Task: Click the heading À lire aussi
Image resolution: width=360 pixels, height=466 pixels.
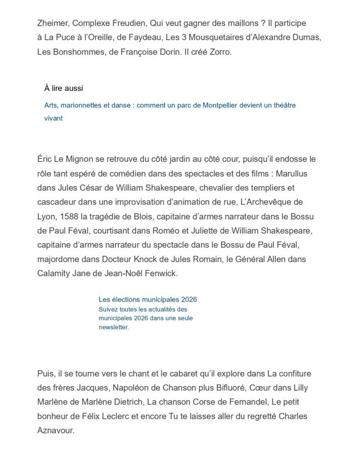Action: [64, 88]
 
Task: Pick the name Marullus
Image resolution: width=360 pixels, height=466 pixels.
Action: [294, 173]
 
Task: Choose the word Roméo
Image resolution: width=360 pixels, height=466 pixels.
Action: [166, 231]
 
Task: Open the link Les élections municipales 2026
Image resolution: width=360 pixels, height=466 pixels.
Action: [147, 299]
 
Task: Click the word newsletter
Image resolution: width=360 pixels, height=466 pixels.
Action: [113, 327]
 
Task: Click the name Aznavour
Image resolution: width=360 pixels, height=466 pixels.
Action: [55, 430]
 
